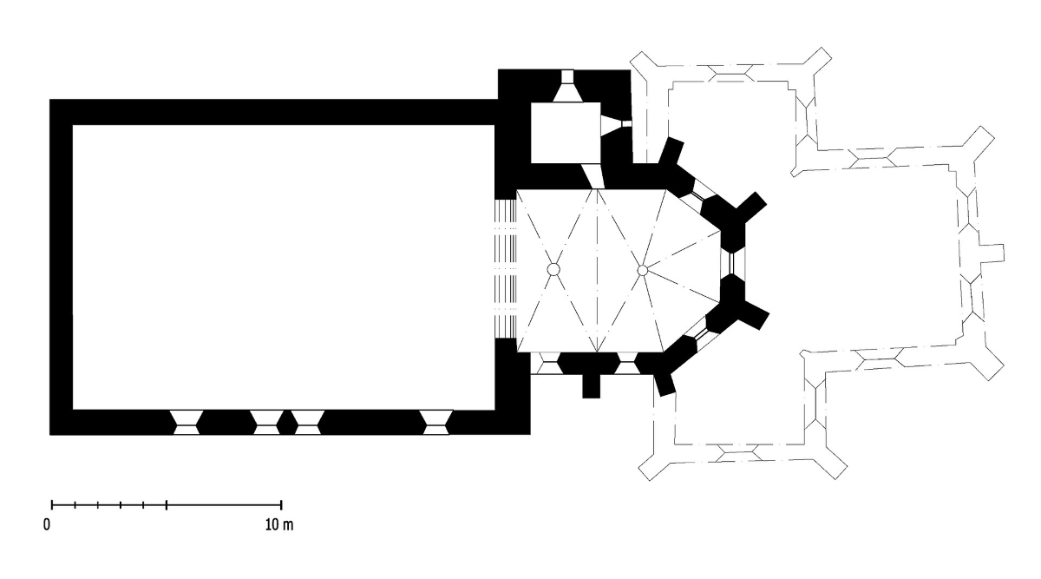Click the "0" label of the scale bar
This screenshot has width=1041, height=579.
(47, 525)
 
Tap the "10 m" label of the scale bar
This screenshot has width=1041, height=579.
(279, 525)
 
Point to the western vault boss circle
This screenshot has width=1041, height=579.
(553, 269)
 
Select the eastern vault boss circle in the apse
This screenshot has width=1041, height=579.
(643, 270)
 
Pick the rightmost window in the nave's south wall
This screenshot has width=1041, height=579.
(435, 422)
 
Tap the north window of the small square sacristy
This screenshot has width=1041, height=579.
(567, 86)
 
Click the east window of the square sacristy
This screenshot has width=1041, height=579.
(616, 124)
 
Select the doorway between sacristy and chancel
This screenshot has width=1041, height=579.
(593, 176)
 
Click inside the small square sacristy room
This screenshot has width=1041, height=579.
(566, 133)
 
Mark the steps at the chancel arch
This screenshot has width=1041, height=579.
(506, 269)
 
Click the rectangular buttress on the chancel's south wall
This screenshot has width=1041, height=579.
(591, 386)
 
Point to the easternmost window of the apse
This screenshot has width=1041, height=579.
(732, 264)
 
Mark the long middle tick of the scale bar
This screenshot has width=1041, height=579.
(167, 504)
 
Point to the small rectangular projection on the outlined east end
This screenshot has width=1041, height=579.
(992, 253)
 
